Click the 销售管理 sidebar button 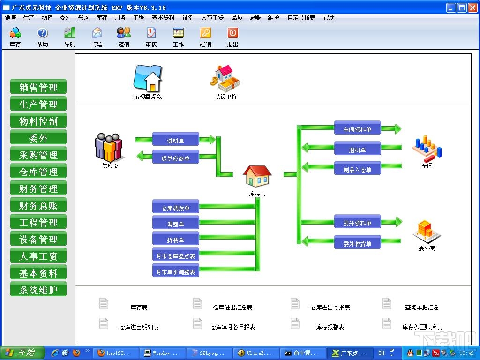38,87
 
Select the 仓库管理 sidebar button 38,172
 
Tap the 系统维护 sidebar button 38,290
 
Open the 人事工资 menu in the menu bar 212,18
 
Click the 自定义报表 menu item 301,18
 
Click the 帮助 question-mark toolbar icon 42,33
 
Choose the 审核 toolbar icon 151,33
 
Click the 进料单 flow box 176,140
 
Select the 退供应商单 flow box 176,158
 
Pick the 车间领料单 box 357,129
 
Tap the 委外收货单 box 357,243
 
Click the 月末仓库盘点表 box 176,256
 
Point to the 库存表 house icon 257,177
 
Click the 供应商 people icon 109,147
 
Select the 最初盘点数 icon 148,78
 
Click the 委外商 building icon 427,231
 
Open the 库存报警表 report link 330,327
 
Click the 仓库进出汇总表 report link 232,307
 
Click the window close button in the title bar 472,7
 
